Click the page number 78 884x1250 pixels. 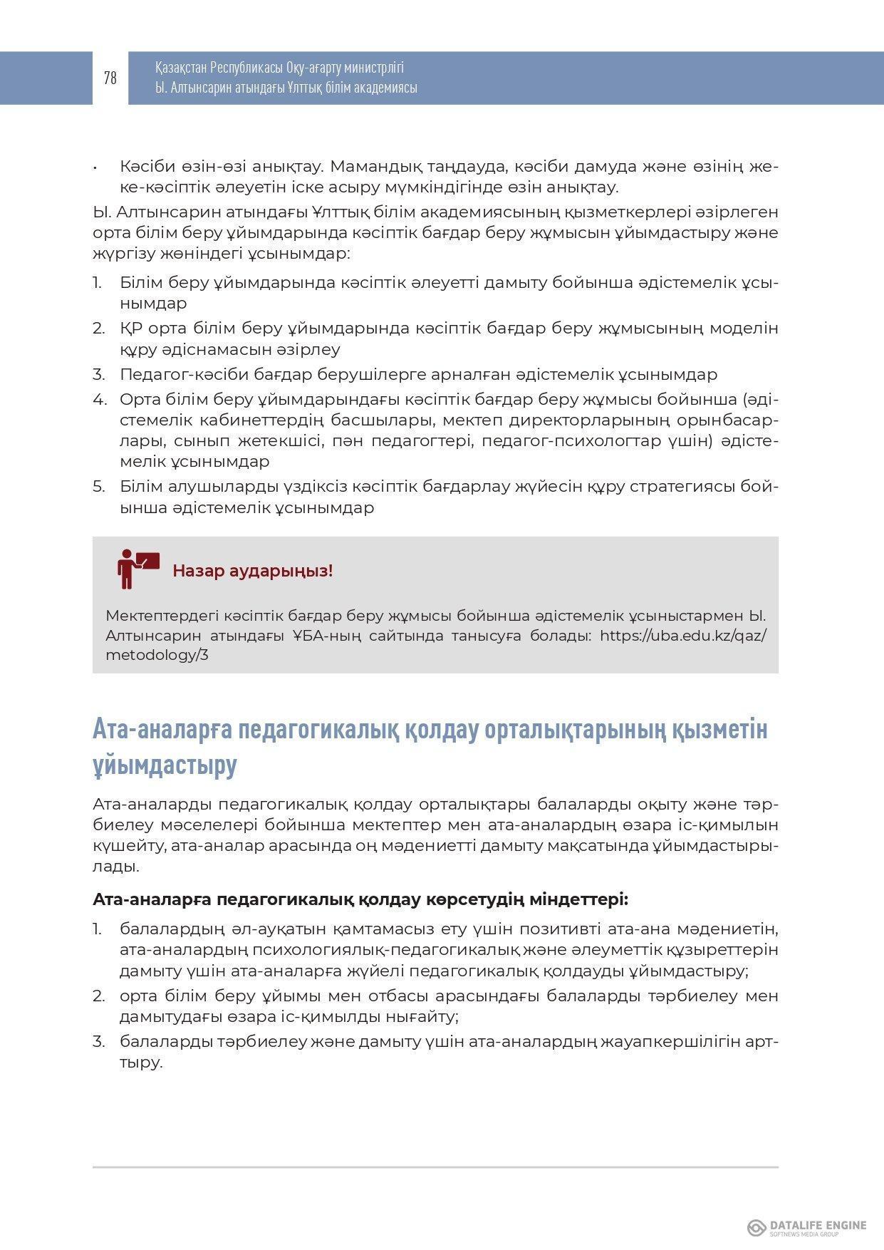110,78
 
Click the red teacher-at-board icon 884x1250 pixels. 137,569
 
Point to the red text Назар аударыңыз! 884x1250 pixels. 252,571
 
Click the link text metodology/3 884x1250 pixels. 157,655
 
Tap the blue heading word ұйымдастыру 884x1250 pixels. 165,765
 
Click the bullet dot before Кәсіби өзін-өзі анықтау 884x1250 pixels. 95,167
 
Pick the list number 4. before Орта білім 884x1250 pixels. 99,399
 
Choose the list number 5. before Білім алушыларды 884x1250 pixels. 99,487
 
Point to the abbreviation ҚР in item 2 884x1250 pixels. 129,329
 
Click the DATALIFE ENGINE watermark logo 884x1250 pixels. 806,1227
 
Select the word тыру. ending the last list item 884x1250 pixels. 141,1063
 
